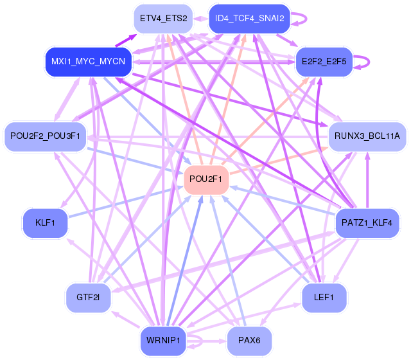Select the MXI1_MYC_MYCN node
[x=89, y=62]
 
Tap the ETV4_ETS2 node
[x=163, y=19]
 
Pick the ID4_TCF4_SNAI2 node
[x=250, y=19]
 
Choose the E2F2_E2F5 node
[x=324, y=62]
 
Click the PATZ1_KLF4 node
[x=368, y=223]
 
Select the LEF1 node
[x=324, y=296]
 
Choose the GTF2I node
[x=88, y=297]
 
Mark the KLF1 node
[x=45, y=223]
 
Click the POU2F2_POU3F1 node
[x=45, y=136]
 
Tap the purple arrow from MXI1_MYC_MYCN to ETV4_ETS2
[x=126, y=41]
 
